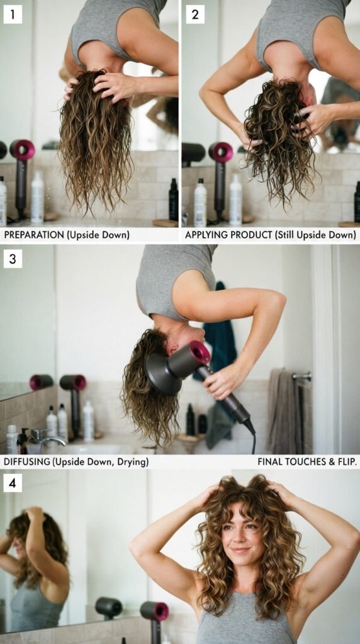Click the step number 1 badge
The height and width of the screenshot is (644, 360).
click(13, 15)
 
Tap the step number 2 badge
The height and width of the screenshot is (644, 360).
click(195, 15)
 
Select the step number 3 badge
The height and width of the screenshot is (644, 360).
click(13, 258)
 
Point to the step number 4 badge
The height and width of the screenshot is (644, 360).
click(13, 483)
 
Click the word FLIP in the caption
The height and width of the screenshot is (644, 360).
click(347, 462)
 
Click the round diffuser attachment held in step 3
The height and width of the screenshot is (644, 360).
click(163, 373)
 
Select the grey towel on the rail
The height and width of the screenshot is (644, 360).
click(284, 411)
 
